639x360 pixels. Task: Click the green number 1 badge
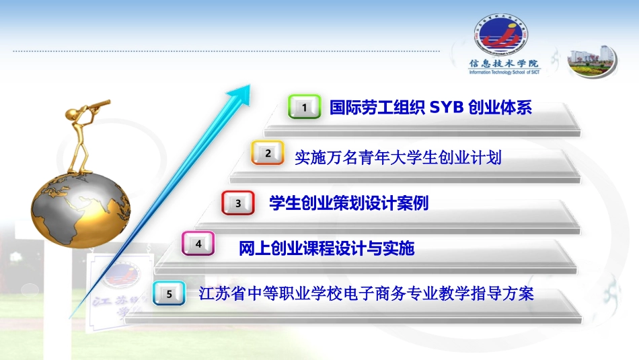pyautogui.click(x=304, y=107)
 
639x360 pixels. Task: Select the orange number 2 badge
pyautogui.click(x=268, y=153)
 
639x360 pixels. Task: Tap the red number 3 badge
pyautogui.click(x=238, y=203)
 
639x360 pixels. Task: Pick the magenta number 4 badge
pyautogui.click(x=198, y=244)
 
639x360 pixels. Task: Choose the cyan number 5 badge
pyautogui.click(x=170, y=293)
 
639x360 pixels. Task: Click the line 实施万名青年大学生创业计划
pyautogui.click(x=398, y=157)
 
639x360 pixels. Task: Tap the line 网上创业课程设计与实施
pyautogui.click(x=327, y=249)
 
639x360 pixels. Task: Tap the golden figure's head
pyautogui.click(x=73, y=114)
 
